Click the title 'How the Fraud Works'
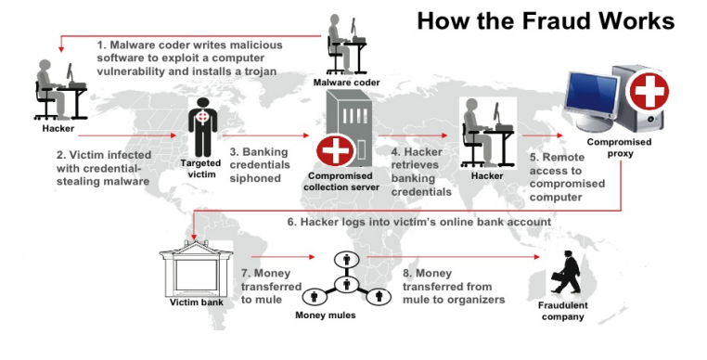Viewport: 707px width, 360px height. click(x=546, y=20)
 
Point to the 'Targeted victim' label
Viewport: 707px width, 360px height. click(x=202, y=169)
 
